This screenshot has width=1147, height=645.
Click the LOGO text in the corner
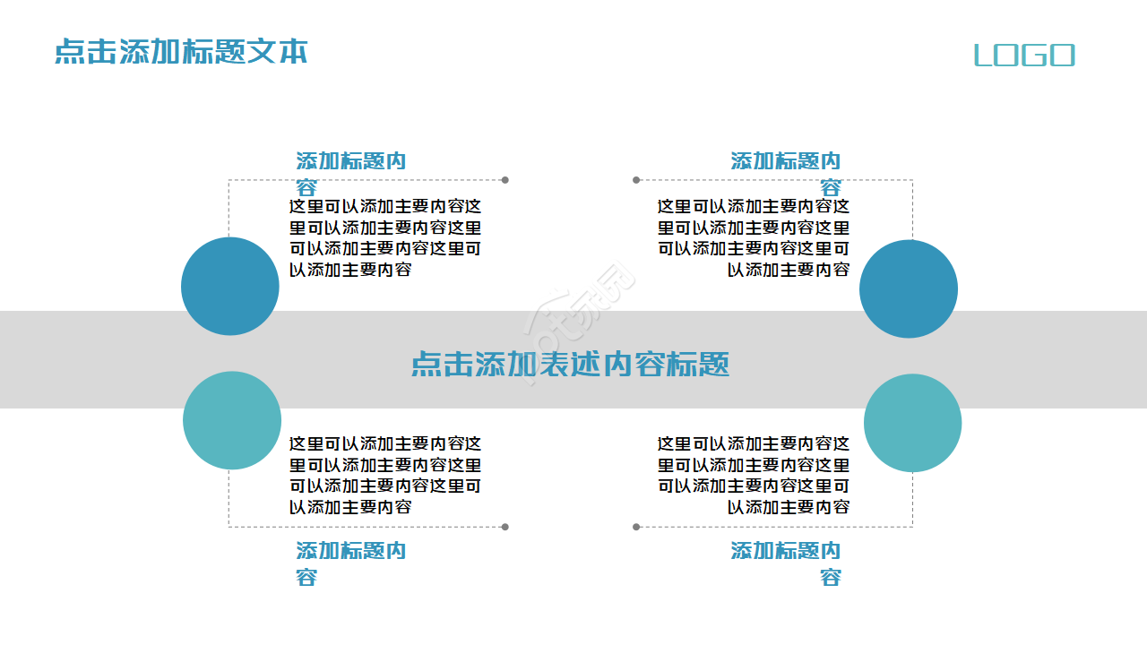[1024, 56]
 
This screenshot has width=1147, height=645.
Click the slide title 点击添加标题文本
[181, 51]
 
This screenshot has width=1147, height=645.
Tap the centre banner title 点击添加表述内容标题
[570, 364]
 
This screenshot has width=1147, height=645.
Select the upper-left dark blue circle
[230, 286]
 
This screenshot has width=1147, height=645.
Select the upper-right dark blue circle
[909, 288]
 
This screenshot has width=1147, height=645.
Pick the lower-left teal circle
[232, 420]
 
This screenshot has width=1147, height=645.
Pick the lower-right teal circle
[912, 423]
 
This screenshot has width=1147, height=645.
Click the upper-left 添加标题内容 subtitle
[350, 162]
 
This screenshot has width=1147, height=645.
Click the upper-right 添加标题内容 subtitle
[785, 162]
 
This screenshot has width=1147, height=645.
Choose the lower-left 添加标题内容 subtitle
[350, 552]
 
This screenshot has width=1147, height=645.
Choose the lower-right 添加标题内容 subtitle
[785, 552]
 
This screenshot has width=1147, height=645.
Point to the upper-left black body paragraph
[384, 237]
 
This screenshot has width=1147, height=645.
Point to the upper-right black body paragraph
[753, 237]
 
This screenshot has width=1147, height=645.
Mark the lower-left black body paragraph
[384, 475]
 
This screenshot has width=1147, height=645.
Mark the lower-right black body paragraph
[753, 475]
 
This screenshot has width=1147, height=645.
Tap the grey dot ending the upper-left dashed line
[505, 180]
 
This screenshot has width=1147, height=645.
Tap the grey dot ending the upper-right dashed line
[636, 180]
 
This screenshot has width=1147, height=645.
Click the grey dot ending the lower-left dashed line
[505, 527]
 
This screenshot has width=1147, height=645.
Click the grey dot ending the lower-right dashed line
[636, 527]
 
